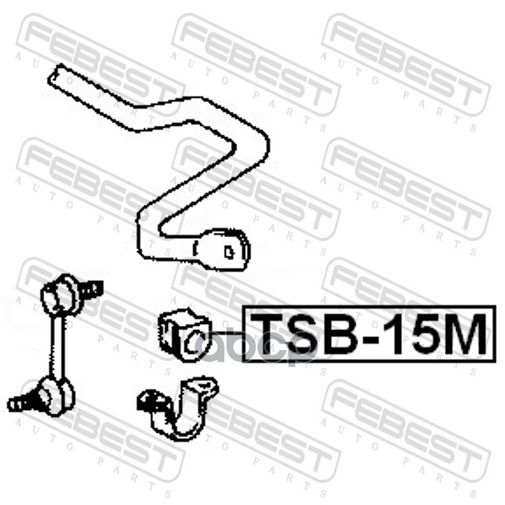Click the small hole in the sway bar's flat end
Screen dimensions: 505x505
click(229, 251)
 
